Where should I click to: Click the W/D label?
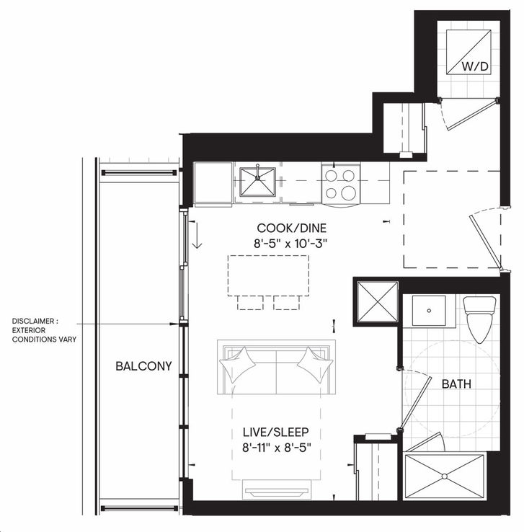point(475,66)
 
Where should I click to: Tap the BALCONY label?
point(144,366)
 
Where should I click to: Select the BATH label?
point(456,384)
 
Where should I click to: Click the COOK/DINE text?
point(292,228)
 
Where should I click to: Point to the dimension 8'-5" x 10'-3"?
point(292,244)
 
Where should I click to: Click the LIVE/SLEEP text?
point(276,433)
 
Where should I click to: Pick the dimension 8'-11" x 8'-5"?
point(276,448)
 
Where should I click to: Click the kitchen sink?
point(258,182)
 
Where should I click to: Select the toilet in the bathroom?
point(479,319)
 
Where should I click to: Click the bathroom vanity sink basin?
point(429,311)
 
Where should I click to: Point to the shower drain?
point(444,476)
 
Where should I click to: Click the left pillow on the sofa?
point(237,365)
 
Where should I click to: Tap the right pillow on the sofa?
point(316,365)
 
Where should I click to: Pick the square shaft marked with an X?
point(378,301)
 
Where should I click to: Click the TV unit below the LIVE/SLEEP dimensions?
point(277,490)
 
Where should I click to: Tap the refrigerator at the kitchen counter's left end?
point(213,184)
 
